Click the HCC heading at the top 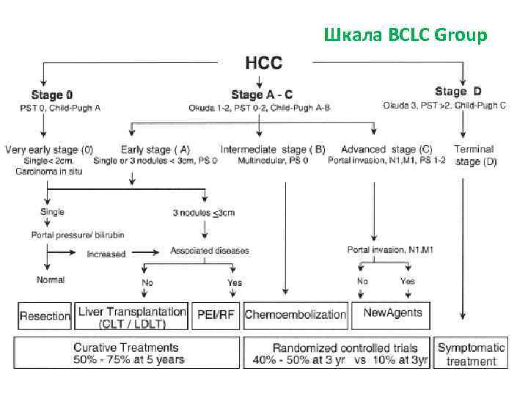pos(263,62)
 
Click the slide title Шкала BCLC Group pos(405,34)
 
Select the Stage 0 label pos(52,95)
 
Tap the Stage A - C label pos(262,95)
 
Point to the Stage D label pos(458,92)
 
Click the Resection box pos(45,315)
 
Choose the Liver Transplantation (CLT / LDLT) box pos(131,315)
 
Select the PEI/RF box pos(215,315)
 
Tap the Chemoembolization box pos(296,315)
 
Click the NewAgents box pos(393,313)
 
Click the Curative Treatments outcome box pos(125,353)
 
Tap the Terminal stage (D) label pos(475,155)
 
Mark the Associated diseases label pos(210,250)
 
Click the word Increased pos(106,254)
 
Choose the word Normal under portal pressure pos(51,279)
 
